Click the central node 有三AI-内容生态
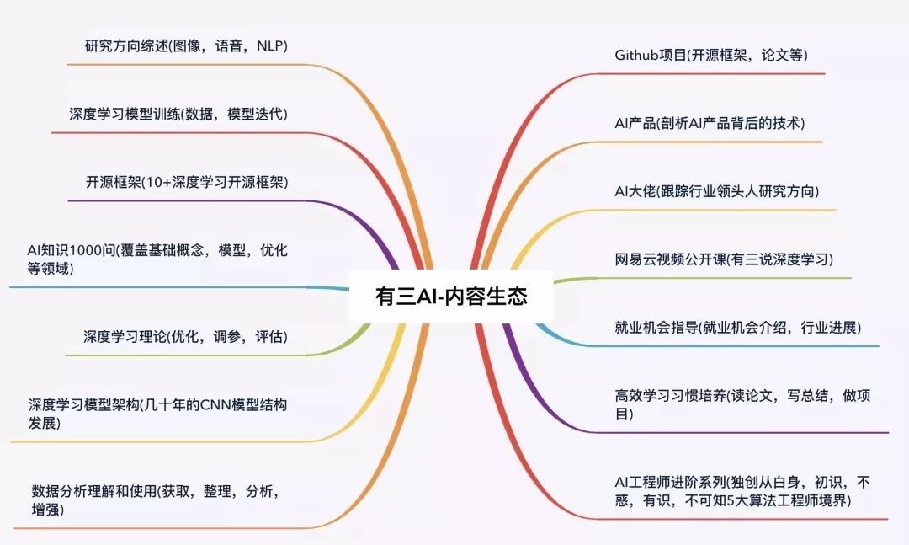(451, 297)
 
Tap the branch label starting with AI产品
(710, 123)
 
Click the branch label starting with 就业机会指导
(738, 328)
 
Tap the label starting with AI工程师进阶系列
(742, 491)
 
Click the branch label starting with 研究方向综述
(186, 45)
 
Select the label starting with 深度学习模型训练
(178, 114)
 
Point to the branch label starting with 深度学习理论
(185, 337)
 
